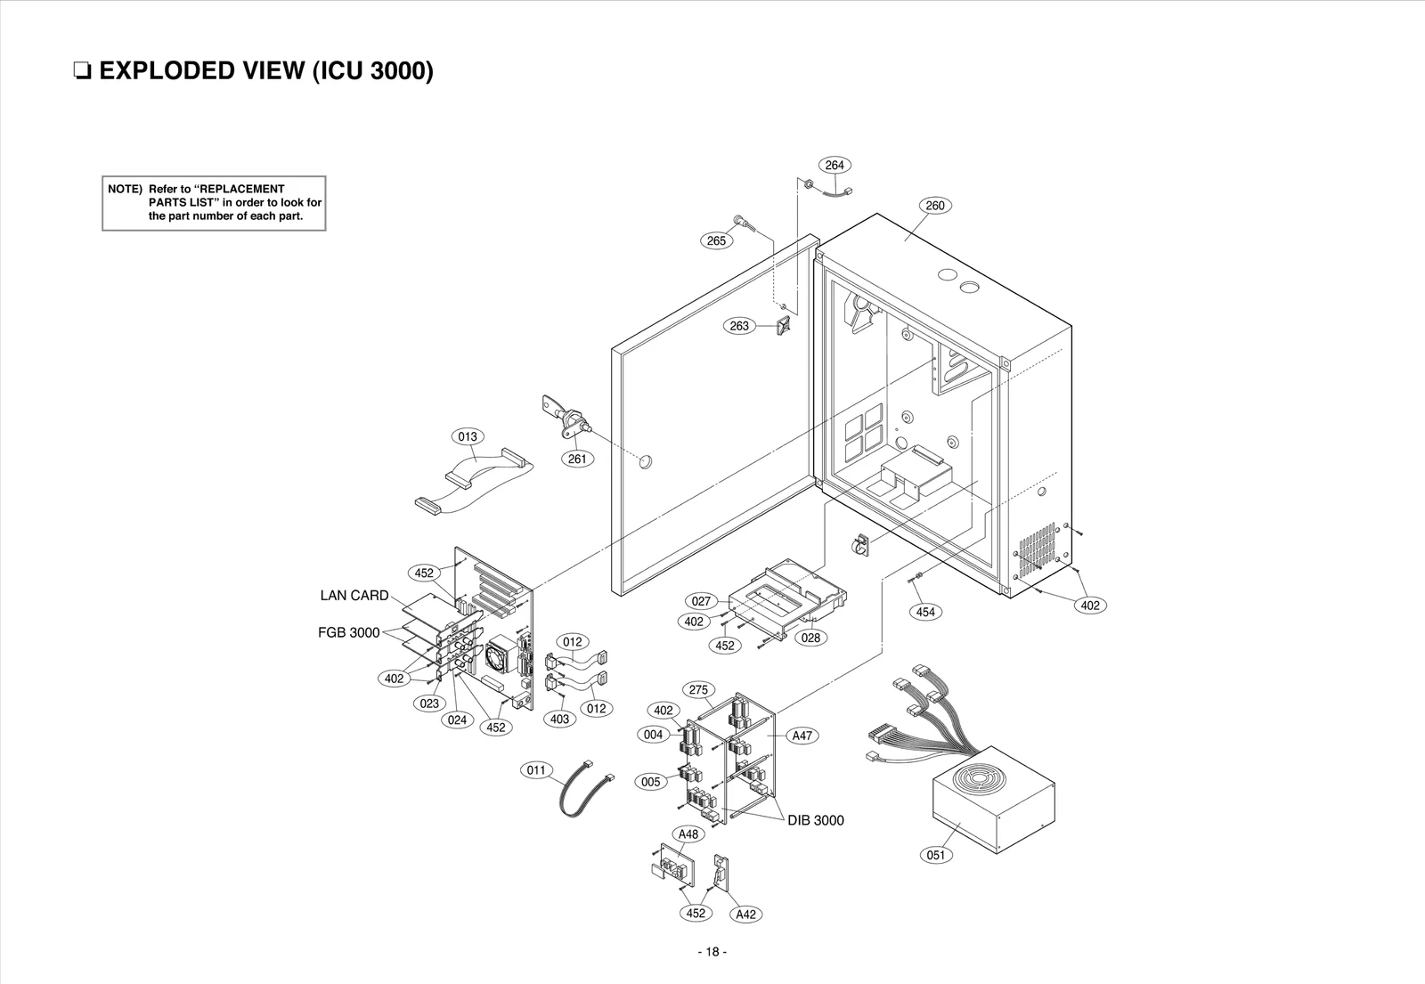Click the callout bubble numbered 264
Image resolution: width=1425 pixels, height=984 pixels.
(x=834, y=165)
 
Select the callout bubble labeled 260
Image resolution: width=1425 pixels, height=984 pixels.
(x=934, y=206)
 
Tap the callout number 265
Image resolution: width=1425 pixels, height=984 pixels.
(x=715, y=240)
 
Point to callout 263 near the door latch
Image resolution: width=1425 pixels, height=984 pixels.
(x=739, y=326)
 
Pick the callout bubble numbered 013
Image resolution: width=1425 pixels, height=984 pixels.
(x=468, y=436)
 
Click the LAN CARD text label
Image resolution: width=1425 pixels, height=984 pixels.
(x=354, y=596)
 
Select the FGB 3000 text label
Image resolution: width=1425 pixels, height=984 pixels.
(x=348, y=633)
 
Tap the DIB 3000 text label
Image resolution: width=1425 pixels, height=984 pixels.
(x=815, y=820)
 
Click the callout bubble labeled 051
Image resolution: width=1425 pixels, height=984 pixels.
(x=935, y=855)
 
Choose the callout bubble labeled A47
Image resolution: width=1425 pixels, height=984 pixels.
(x=802, y=736)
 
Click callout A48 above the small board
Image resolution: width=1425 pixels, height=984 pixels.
(x=688, y=834)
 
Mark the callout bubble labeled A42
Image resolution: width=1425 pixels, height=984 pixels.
(x=745, y=915)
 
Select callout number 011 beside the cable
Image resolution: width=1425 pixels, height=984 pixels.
(x=535, y=769)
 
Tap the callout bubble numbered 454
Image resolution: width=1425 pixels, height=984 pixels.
(x=925, y=612)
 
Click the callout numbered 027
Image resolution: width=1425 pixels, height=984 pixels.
(x=701, y=601)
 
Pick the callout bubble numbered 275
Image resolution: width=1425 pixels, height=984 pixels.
(x=698, y=690)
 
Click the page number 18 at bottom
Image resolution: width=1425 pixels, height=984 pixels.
(x=712, y=952)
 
